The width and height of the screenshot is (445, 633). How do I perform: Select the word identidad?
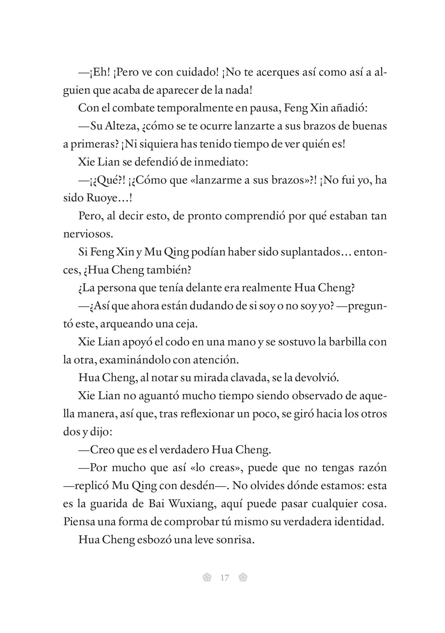(359, 522)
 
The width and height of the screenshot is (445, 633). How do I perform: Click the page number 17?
(224, 578)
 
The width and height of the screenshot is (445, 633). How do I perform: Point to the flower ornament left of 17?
(206, 578)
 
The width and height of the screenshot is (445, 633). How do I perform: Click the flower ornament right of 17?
(243, 578)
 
